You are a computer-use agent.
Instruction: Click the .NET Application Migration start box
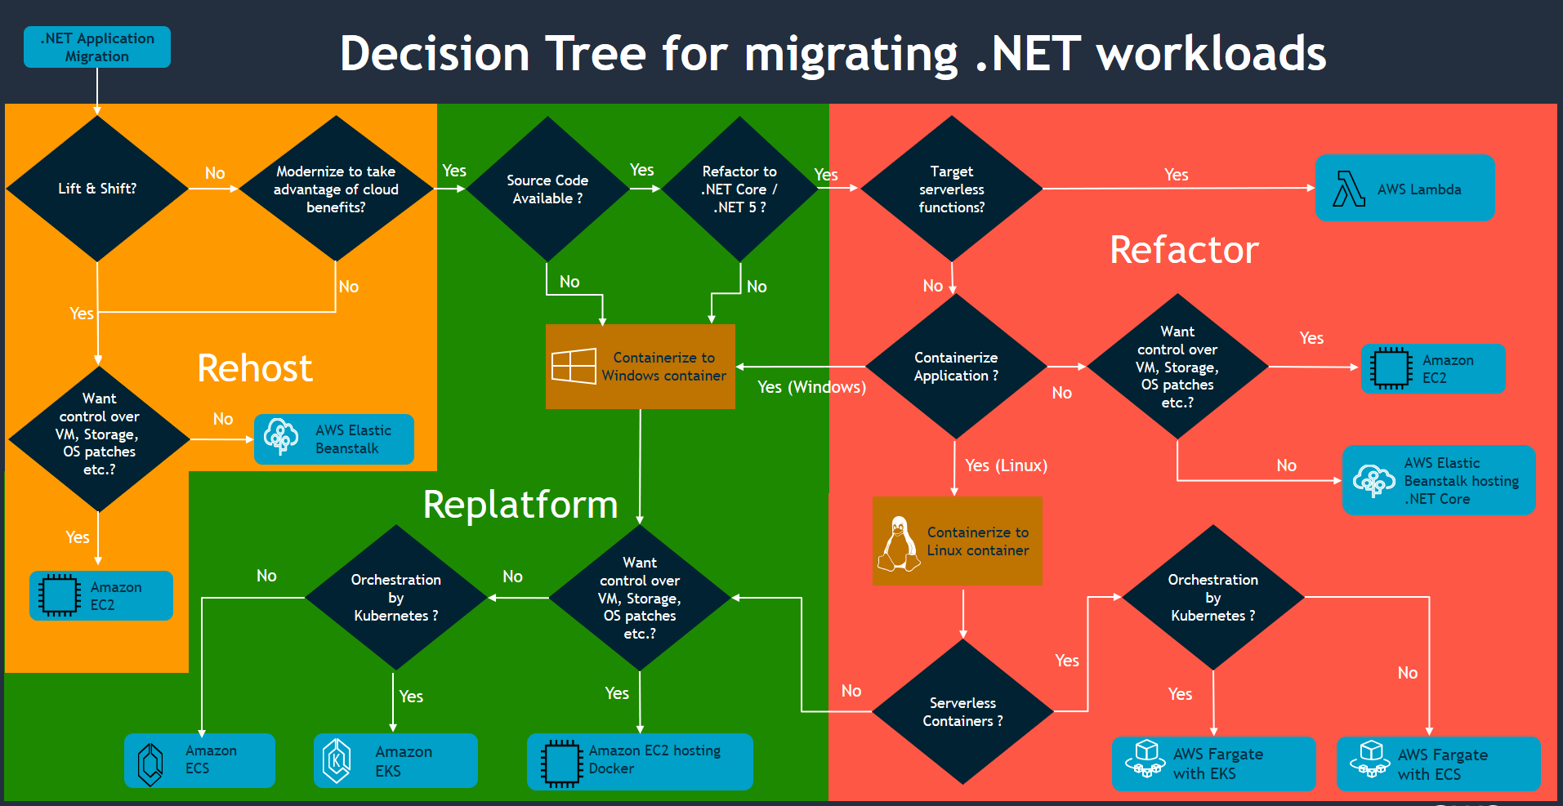tap(97, 47)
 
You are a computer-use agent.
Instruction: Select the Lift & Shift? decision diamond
tap(97, 189)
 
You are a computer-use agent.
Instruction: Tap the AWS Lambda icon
tap(1349, 189)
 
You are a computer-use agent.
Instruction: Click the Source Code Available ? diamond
tap(547, 189)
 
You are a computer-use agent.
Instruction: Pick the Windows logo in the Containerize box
tap(574, 366)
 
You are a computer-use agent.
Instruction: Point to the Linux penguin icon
tap(899, 543)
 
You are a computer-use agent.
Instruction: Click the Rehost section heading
tap(254, 368)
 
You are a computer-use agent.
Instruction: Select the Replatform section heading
tap(520, 505)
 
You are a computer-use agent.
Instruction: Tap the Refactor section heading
tap(1184, 250)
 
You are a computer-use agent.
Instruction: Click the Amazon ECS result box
tap(199, 760)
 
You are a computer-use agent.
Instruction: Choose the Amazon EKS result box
tap(395, 760)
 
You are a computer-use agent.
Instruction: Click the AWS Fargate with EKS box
tap(1213, 764)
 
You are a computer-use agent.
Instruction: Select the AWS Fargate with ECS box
tap(1438, 764)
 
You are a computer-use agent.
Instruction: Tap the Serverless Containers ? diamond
tap(962, 711)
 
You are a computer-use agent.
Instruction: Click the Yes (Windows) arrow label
tap(811, 387)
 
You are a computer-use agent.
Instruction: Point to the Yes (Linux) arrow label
tap(1006, 465)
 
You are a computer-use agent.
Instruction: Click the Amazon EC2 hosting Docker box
tap(640, 761)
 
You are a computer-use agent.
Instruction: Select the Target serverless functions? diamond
tap(951, 189)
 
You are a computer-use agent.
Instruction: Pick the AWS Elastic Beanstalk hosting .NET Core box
tap(1439, 480)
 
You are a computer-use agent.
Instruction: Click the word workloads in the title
tap(1211, 54)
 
